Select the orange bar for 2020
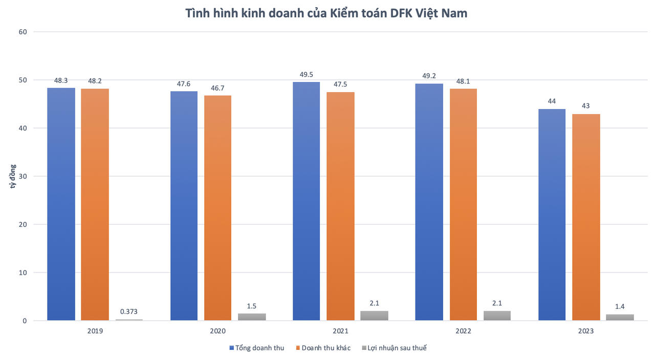217,208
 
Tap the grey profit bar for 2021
374,315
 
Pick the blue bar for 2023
552,215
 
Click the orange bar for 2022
463,204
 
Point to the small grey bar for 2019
129,320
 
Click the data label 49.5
306,75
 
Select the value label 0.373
129,311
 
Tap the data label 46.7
217,88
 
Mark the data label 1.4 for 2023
620,306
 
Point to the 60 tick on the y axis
23,32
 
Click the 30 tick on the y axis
23,176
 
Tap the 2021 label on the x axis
340,331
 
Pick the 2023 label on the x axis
586,331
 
